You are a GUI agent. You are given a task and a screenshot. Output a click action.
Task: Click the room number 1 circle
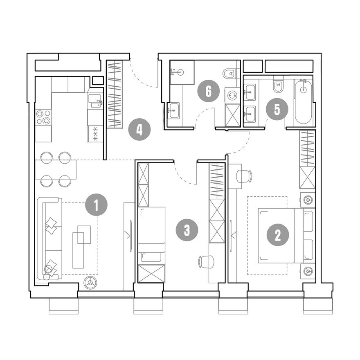click(96, 205)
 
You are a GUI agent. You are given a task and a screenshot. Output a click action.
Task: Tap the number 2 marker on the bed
click(278, 235)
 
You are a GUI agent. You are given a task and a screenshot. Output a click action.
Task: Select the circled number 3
click(187, 230)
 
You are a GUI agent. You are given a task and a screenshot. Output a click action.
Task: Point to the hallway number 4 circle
click(139, 130)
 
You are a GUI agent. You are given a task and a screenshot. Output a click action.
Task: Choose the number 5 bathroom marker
click(277, 110)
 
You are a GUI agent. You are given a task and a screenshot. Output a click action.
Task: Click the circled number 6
click(209, 91)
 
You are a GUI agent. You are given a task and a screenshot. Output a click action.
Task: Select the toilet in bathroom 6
click(230, 74)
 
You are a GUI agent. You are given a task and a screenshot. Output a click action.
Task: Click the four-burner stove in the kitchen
click(43, 117)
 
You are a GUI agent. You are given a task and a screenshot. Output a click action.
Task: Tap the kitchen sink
click(95, 101)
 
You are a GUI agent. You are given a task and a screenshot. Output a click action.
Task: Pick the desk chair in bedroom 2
click(244, 176)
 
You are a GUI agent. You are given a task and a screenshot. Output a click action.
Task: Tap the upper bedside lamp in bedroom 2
click(308, 200)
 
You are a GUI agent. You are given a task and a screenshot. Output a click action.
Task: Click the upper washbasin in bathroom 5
click(250, 92)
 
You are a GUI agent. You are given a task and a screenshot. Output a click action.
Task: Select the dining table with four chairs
click(56, 169)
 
